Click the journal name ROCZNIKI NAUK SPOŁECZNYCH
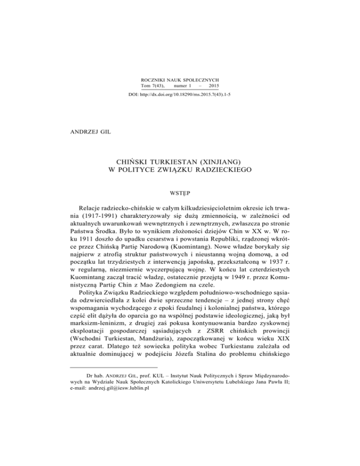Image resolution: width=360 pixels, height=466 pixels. (x=180, y=81)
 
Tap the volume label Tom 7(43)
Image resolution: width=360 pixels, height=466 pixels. (x=152, y=87)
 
